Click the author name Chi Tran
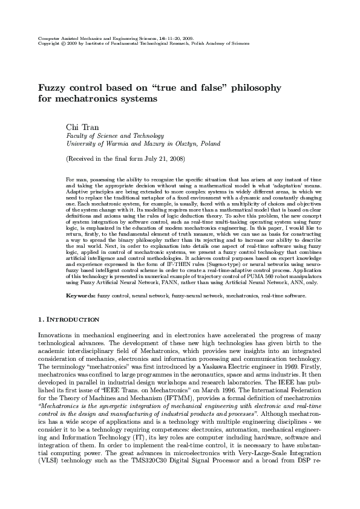[79, 126]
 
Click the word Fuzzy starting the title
[52, 88]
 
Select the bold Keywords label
[80, 296]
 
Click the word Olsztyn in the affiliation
[181, 144]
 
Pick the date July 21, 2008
[163, 158]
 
